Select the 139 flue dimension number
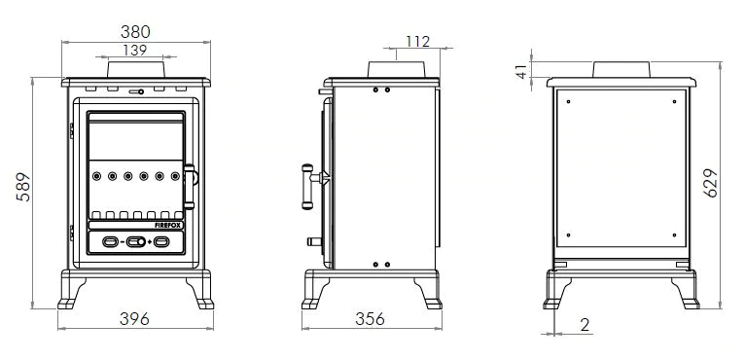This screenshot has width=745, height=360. tap(136, 50)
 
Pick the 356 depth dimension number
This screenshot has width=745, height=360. tap(369, 319)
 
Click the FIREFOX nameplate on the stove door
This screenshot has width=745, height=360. tap(167, 225)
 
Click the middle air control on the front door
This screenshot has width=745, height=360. tap(135, 241)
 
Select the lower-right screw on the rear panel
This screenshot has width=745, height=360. tap(675, 234)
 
